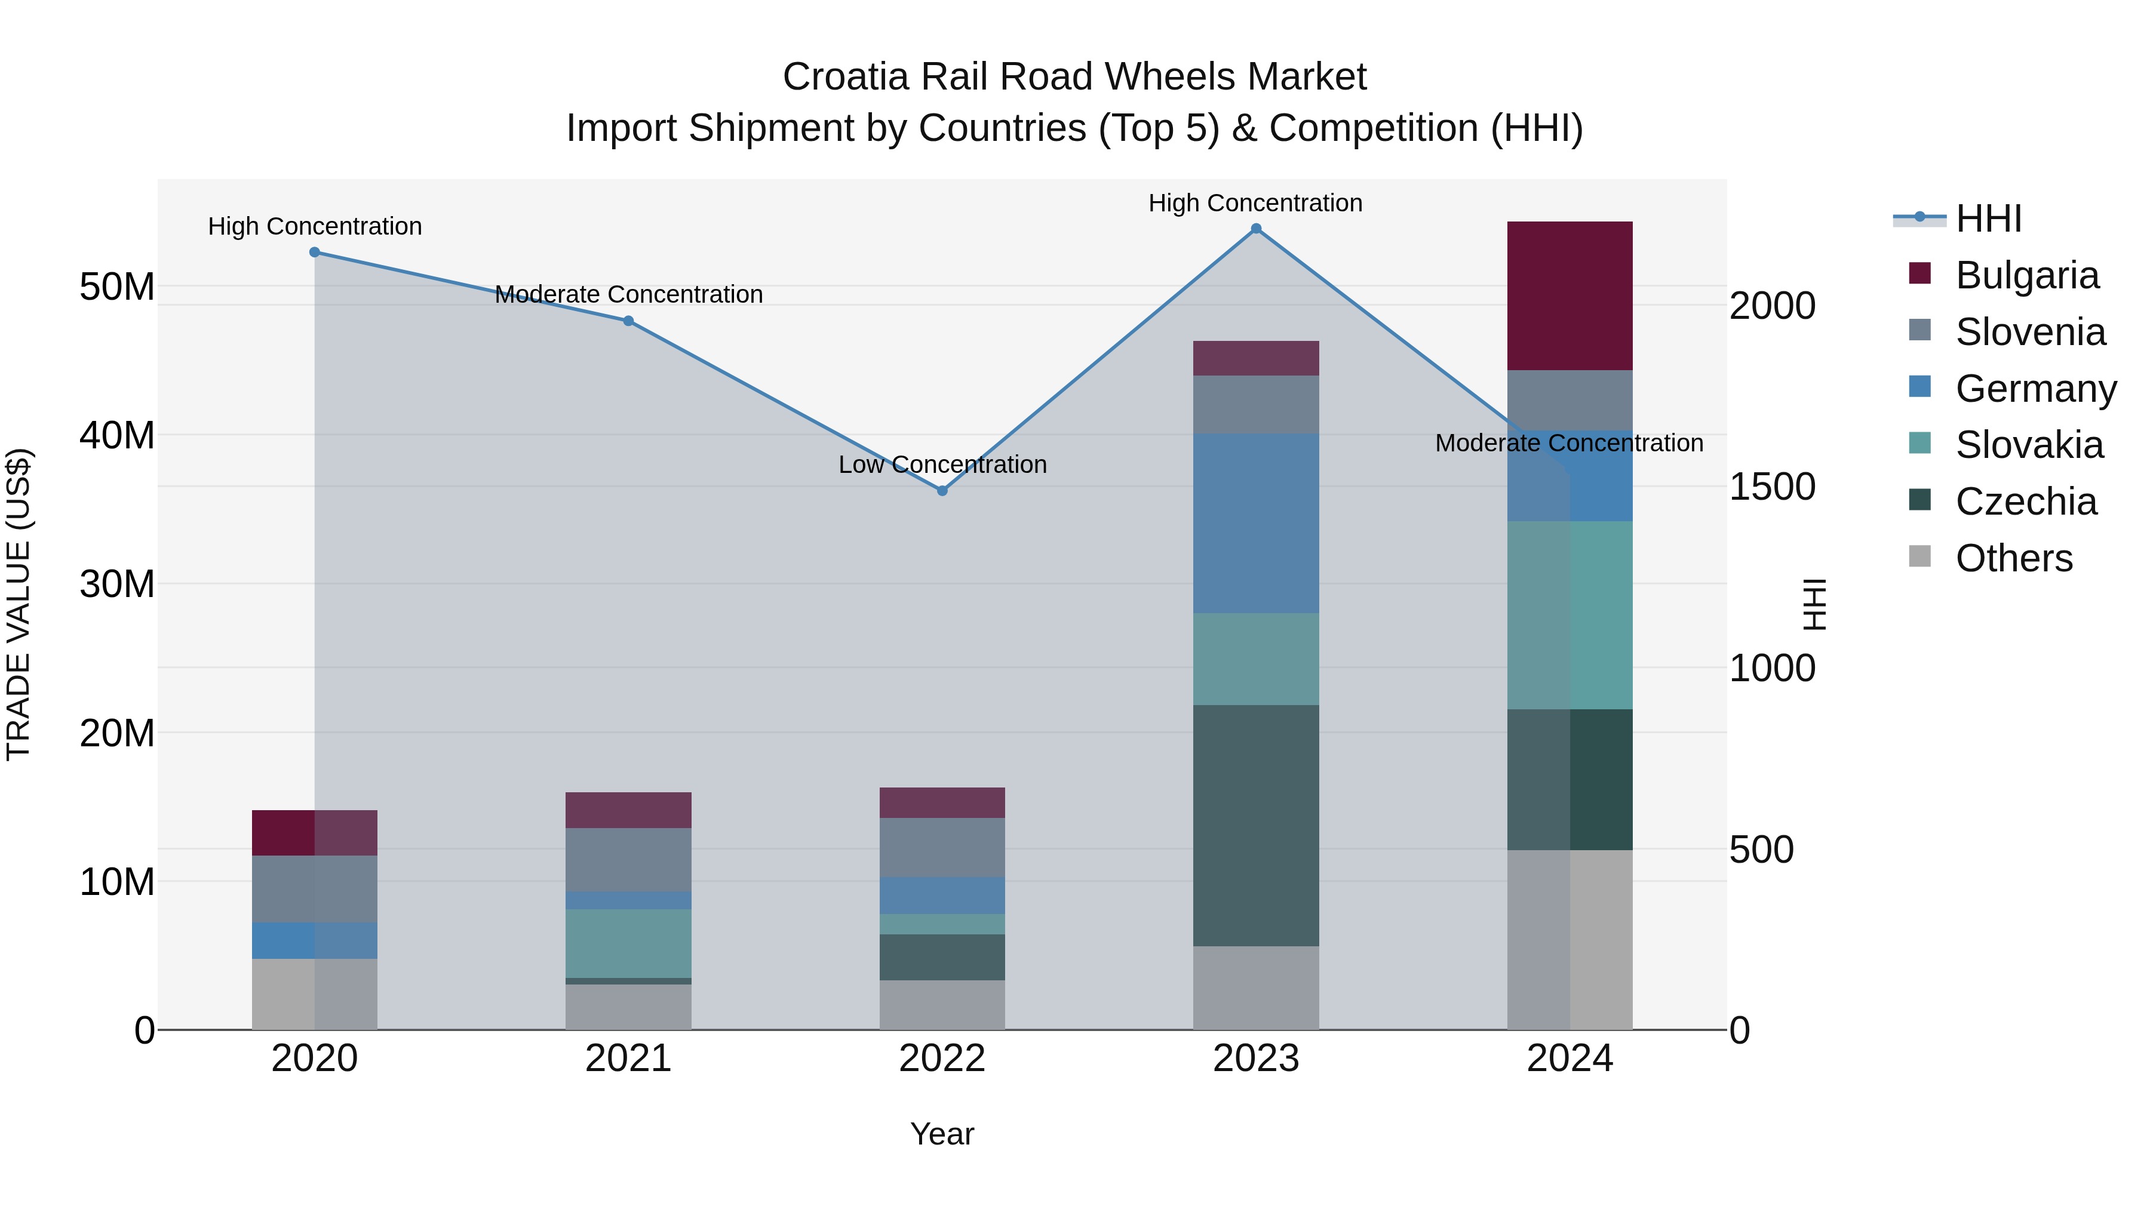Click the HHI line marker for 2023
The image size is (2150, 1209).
pyautogui.click(x=1255, y=229)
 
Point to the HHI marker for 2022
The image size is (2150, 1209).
pyautogui.click(x=942, y=491)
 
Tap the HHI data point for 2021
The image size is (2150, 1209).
pyautogui.click(x=628, y=321)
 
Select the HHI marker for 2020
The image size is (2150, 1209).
pyautogui.click(x=315, y=252)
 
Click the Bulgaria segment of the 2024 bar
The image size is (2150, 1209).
pyautogui.click(x=1569, y=296)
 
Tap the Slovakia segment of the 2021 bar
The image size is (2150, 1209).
pyautogui.click(x=628, y=943)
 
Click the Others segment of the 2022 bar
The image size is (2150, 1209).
pyautogui.click(x=942, y=1005)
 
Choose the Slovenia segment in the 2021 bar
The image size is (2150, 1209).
pyautogui.click(x=628, y=859)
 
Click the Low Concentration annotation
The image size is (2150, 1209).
pyautogui.click(x=942, y=464)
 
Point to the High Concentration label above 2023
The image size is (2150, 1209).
pyautogui.click(x=1255, y=203)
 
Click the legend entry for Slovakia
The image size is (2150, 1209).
pyautogui.click(x=2029, y=445)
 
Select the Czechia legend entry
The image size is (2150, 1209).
pyautogui.click(x=2026, y=502)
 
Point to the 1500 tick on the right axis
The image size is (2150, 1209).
pyautogui.click(x=1771, y=487)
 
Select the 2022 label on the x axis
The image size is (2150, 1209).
pyautogui.click(x=942, y=1059)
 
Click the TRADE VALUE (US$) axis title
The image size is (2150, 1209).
pyautogui.click(x=19, y=604)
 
